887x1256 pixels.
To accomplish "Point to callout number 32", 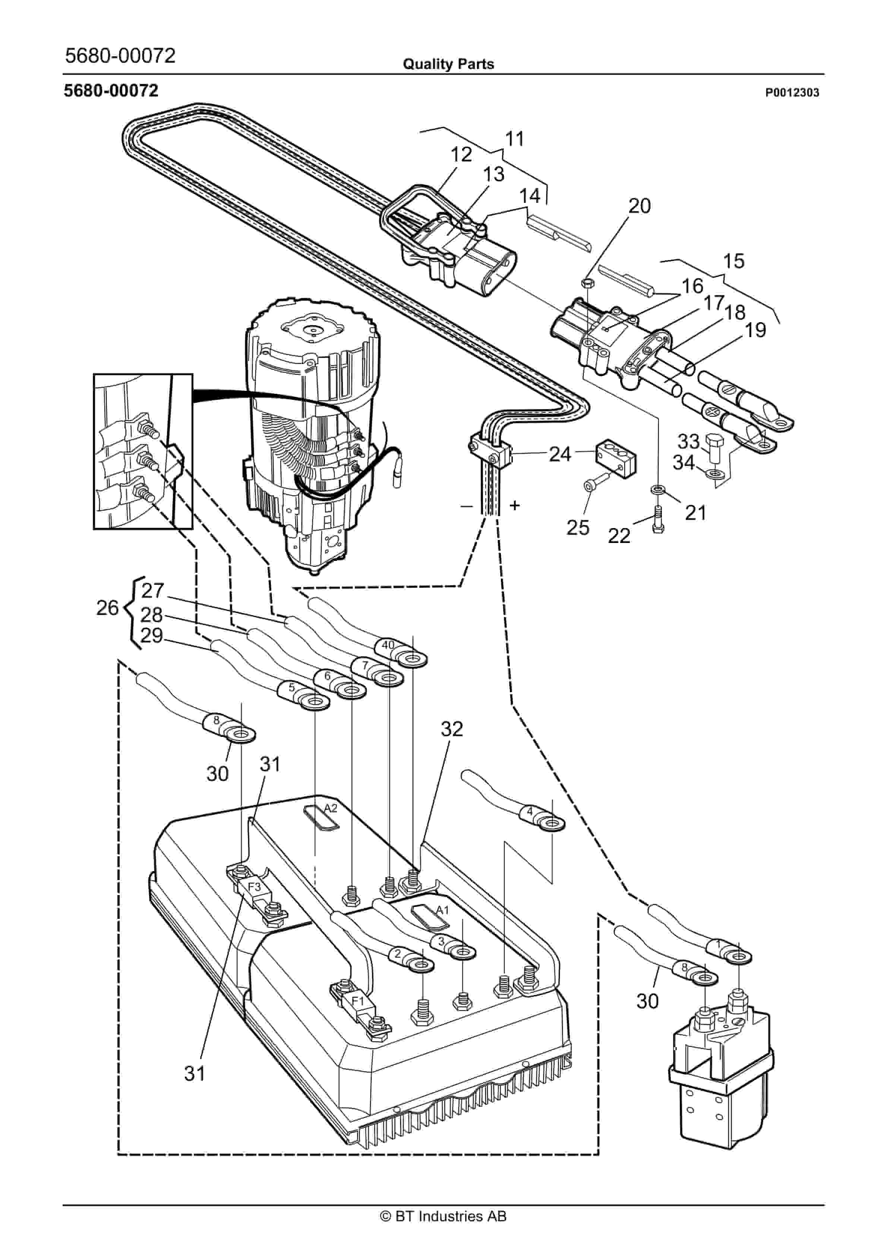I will (x=452, y=729).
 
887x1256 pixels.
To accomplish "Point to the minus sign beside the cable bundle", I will (x=466, y=506).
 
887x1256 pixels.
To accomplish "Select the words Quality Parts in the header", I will (x=448, y=65).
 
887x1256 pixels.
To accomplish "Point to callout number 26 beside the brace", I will (x=107, y=608).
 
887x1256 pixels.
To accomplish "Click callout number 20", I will (x=639, y=206).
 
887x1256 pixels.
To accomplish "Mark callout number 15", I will (x=733, y=261).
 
